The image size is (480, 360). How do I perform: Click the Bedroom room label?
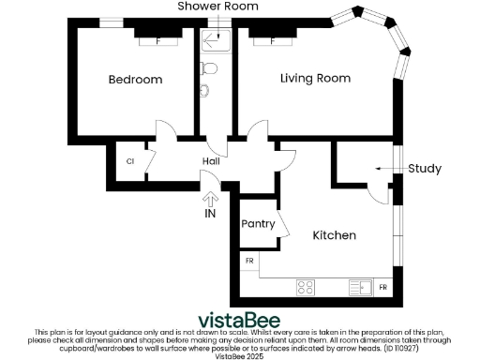coord(135,80)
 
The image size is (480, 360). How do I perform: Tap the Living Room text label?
coord(316,78)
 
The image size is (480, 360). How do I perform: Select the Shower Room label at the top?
coord(218,7)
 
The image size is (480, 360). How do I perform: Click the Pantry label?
coord(258,224)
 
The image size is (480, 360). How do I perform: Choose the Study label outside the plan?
coord(425,169)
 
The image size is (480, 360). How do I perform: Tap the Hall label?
coord(211,161)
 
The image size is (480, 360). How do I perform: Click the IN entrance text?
coord(211,214)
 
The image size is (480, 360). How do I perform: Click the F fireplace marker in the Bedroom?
coord(157,40)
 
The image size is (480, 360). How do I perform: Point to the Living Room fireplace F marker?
coord(273,40)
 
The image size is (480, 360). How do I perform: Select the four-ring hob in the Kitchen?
coord(306,286)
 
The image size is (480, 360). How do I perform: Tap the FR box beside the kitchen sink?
coord(384,285)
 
